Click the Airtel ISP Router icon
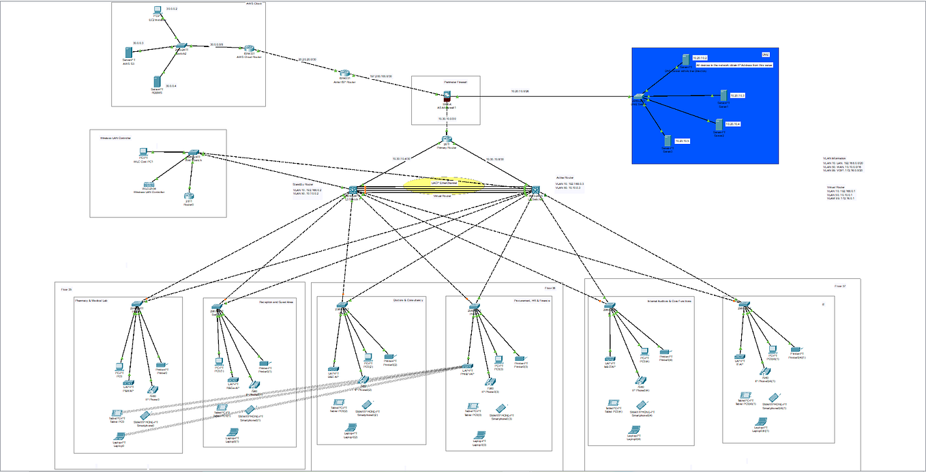click(345, 74)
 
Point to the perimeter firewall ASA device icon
click(447, 98)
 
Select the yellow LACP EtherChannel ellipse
click(443, 183)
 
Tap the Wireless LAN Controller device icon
click(149, 184)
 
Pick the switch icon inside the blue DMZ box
click(639, 99)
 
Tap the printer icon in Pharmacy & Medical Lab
click(161, 366)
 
